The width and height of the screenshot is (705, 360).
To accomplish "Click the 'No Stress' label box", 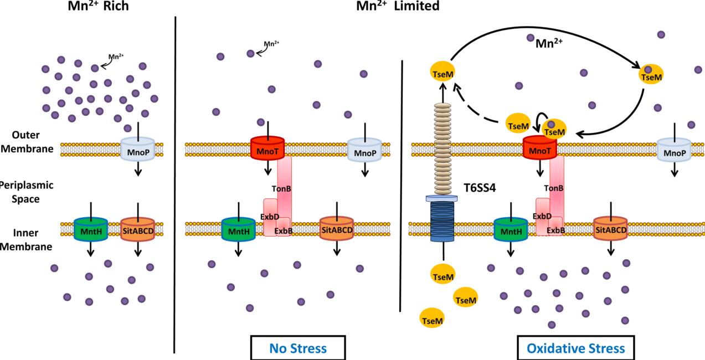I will (x=297, y=348).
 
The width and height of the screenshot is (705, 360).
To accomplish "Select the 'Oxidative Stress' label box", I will (x=575, y=348).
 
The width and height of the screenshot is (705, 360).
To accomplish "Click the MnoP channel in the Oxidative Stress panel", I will (x=673, y=149).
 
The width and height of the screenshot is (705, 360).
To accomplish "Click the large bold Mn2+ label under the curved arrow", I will (x=548, y=42).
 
